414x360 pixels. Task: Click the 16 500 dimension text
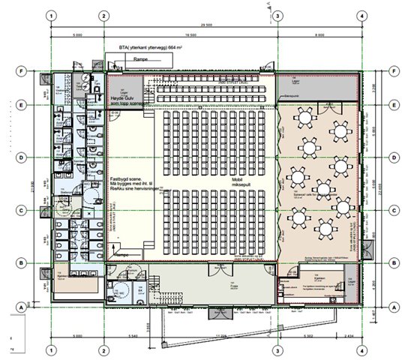pyautogui.click(x=188, y=34)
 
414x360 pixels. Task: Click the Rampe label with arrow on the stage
pyautogui.click(x=119, y=254)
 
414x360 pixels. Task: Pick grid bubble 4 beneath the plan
pyautogui.click(x=361, y=350)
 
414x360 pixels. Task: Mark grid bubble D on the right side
pyautogui.click(x=393, y=157)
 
